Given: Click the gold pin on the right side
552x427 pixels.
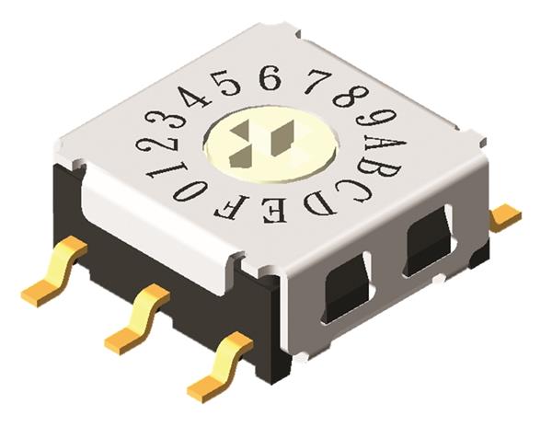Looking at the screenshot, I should (505, 217).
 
